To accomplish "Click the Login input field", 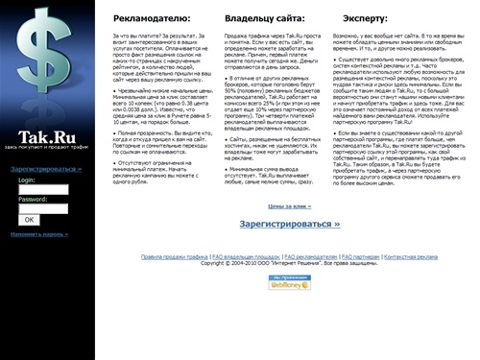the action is (43, 189).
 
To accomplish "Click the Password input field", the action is (43, 208).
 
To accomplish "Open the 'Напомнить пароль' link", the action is (39, 234).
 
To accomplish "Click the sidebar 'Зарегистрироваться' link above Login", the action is (47, 169).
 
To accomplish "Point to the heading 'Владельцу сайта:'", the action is (265, 18).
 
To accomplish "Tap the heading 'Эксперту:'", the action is (363, 18).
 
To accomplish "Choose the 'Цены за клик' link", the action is (290, 205).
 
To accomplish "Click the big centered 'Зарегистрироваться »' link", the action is (290, 224).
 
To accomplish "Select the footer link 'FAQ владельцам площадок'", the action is (247, 257).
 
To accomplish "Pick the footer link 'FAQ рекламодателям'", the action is (310, 257).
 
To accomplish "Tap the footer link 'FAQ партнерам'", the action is (360, 257).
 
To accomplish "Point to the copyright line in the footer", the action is (288, 264).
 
